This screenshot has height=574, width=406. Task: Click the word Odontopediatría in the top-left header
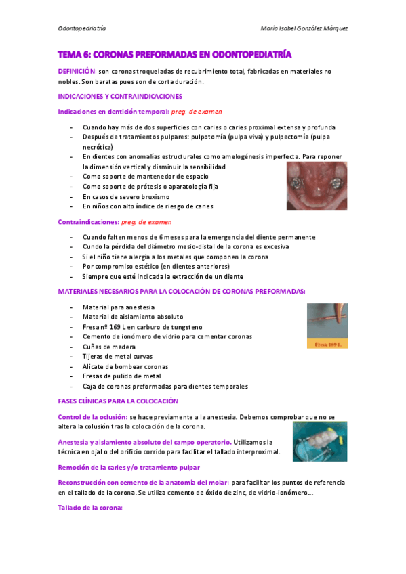coord(82,29)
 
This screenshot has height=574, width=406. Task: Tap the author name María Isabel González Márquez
coord(304,29)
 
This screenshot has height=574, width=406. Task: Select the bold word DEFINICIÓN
coord(77,71)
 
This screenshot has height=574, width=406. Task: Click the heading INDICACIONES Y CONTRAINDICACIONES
coord(120,96)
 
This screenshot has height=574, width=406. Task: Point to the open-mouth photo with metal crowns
coord(317,185)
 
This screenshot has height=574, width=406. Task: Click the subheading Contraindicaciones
coord(88,221)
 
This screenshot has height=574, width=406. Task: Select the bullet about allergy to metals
coord(176,257)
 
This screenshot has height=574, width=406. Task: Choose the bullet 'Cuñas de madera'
coord(108,347)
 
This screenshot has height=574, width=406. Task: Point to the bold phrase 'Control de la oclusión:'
coord(92,417)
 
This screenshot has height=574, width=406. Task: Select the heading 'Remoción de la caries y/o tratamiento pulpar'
coord(129,467)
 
